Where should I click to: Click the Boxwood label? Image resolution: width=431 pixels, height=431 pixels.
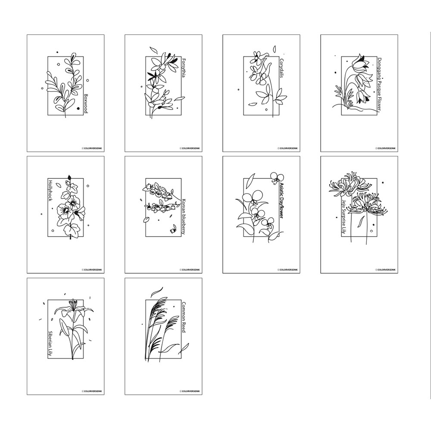click(86, 103)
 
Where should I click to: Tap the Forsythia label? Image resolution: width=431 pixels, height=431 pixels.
click(184, 67)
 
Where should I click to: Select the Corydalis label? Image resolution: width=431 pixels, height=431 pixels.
click(281, 68)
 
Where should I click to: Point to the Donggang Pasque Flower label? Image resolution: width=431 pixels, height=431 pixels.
click(379, 84)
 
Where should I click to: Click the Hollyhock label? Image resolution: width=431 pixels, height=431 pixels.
click(50, 190)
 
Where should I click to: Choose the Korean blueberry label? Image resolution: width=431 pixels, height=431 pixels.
click(184, 216)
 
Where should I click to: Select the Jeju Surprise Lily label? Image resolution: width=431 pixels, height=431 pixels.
click(344, 217)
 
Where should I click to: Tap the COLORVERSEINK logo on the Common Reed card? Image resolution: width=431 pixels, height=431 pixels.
click(191, 391)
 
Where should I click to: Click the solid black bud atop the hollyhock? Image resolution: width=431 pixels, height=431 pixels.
click(69, 177)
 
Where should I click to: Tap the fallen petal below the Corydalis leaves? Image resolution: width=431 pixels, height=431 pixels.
click(253, 104)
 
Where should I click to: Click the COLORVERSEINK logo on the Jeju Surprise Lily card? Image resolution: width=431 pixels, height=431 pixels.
click(387, 270)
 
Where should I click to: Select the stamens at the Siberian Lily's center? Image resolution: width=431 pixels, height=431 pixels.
click(73, 304)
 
